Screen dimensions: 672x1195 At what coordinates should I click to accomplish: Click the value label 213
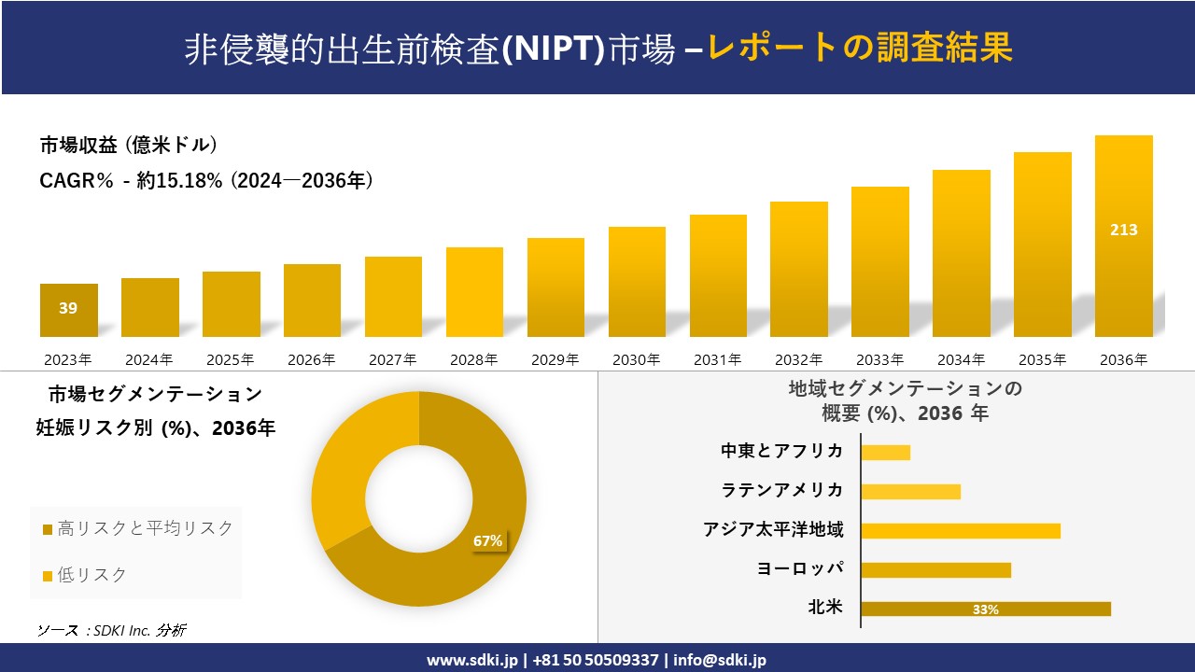(1123, 230)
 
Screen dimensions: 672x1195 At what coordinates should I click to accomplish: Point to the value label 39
(68, 308)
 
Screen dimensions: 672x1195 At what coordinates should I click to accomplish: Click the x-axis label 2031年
(717, 359)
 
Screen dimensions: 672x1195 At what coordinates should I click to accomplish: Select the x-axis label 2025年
(231, 359)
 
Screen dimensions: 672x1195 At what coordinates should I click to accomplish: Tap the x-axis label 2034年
(961, 359)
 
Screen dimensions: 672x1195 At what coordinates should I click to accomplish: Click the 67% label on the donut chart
(487, 540)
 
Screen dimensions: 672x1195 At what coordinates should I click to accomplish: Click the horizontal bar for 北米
(986, 609)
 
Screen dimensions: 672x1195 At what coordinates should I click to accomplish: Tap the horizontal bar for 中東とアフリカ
(885, 453)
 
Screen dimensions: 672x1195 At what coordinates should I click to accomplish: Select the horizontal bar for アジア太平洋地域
(961, 531)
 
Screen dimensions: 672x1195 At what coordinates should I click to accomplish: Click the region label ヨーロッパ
(800, 568)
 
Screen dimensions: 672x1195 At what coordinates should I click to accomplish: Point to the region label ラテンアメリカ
(782, 490)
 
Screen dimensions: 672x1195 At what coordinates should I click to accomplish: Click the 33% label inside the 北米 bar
(986, 609)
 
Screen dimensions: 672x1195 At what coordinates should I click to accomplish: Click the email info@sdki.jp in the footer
(719, 659)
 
